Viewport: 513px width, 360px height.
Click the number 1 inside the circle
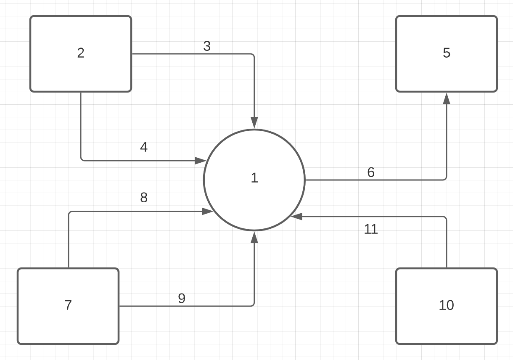[254, 178]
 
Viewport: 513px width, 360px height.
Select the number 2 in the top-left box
[81, 53]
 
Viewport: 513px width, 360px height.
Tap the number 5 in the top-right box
[447, 53]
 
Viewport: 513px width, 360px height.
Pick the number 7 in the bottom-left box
[68, 305]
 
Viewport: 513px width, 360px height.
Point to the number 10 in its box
[446, 305]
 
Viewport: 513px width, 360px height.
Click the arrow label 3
[207, 46]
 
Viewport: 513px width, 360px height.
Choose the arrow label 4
[144, 148]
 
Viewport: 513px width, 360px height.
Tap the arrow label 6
[371, 172]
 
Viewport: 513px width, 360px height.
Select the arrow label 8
[144, 198]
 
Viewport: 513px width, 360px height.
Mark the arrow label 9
[182, 299]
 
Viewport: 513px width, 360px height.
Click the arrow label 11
[371, 229]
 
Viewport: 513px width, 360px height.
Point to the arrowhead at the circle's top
[254, 123]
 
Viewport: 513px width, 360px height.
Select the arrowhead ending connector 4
[200, 161]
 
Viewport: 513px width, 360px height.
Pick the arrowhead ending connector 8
[208, 212]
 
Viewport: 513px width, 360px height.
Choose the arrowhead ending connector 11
[297, 217]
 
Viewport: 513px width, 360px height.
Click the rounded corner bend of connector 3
[253, 55]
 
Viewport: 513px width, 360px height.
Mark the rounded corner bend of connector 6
[445, 179]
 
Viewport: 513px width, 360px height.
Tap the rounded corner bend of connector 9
[253, 305]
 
